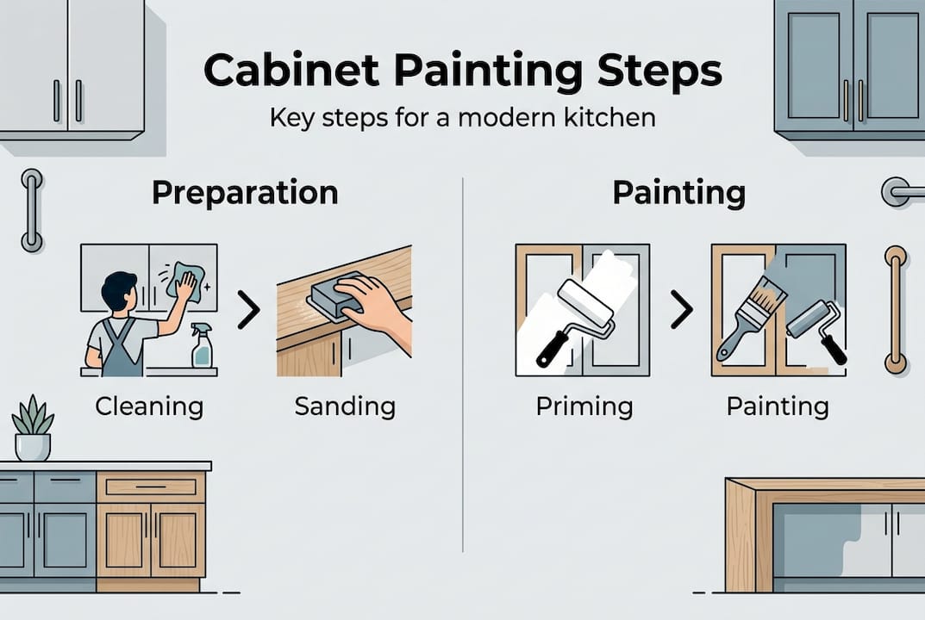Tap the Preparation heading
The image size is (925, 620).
point(245,193)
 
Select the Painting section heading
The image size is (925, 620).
point(678,193)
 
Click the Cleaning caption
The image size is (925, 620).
point(149,405)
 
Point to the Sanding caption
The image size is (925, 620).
point(345,405)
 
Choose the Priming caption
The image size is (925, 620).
point(584,405)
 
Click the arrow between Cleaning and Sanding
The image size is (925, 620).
point(248,311)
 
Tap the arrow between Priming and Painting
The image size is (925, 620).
point(681,311)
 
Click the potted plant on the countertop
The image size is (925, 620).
point(33,428)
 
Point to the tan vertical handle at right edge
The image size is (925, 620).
point(896,309)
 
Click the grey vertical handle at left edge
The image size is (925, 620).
point(32,210)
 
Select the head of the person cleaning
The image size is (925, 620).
point(118,291)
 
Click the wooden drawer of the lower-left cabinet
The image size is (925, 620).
point(151,487)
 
